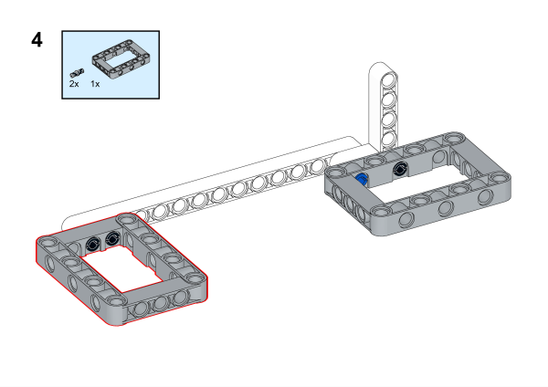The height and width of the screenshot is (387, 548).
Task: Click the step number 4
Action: pos(37,40)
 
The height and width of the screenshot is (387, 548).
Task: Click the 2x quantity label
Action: pos(74,84)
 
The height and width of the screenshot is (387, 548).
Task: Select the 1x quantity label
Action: pos(95,84)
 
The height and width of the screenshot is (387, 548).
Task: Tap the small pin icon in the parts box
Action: pos(77,73)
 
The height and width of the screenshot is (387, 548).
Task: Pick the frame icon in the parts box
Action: pos(121,58)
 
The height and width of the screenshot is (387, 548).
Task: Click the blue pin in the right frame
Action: pos(362,179)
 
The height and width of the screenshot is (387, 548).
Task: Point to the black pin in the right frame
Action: pos(399,170)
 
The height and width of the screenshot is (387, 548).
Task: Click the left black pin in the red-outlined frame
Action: pos(92,244)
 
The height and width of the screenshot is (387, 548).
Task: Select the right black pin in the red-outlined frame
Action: pos(112,239)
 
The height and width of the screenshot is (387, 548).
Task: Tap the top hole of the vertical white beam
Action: pos(388,80)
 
